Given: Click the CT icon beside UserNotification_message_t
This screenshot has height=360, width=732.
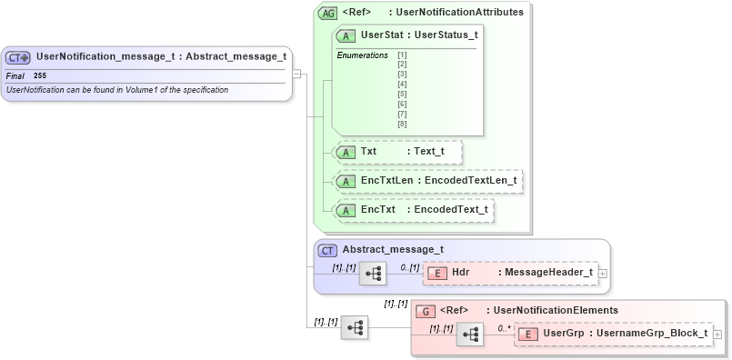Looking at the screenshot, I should (x=18, y=57).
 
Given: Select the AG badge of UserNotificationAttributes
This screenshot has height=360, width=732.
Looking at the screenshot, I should (x=327, y=14).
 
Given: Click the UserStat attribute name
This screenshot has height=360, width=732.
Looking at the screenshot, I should (x=377, y=35).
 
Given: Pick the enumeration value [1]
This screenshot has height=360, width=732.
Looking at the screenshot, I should (x=402, y=55).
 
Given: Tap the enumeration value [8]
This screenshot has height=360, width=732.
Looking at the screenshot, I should (x=402, y=124).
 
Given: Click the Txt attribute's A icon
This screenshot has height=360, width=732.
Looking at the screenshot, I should (x=346, y=152).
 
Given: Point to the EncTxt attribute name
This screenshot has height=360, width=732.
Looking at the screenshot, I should (x=378, y=210).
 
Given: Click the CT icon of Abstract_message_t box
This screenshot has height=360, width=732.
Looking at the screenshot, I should (x=327, y=250).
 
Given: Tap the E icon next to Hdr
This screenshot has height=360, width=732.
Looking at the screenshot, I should (x=436, y=272).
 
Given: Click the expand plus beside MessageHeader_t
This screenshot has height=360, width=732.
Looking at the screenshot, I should (x=603, y=273).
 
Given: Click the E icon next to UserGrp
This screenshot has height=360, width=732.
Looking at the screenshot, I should (x=528, y=334).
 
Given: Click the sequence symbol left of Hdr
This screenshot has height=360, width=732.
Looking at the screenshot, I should (x=373, y=273).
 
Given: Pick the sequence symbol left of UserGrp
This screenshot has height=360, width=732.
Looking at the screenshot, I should (x=470, y=335).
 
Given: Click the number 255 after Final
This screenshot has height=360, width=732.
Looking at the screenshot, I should (x=40, y=75).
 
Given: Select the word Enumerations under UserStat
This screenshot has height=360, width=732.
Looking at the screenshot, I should (x=362, y=55).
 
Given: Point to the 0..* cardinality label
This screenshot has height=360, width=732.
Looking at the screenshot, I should (x=504, y=328).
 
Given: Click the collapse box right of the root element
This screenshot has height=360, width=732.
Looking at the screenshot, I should (x=297, y=74).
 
